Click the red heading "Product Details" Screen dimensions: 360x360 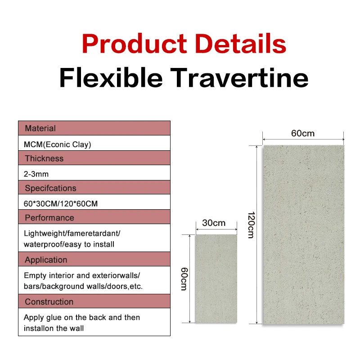184,44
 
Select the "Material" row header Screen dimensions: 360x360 40,128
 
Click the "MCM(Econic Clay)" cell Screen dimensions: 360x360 57,144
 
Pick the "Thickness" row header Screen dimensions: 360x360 44,158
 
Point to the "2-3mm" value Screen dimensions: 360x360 36,174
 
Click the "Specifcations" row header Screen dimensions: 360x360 50,188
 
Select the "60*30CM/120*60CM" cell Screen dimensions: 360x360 61,203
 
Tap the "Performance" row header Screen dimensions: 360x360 49,218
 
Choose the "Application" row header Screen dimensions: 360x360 46,260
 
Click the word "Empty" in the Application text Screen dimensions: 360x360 35,274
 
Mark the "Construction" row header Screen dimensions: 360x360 49,302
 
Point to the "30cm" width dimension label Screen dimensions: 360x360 214,223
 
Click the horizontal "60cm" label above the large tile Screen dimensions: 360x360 303,133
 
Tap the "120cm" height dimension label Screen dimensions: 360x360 250,225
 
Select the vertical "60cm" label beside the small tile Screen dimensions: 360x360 184,279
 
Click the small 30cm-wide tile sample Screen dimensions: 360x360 216,279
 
